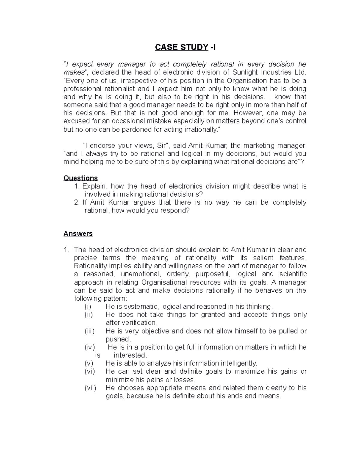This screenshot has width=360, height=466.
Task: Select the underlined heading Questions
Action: [x=80, y=178]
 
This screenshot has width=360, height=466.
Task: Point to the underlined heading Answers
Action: [x=78, y=233]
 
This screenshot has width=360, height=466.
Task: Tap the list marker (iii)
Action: [x=89, y=331]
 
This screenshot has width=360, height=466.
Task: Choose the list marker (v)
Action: [x=89, y=363]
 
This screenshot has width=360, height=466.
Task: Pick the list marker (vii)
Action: [x=90, y=388]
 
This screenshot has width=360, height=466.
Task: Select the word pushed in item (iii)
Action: [x=118, y=339]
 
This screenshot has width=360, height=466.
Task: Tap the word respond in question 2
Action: [x=177, y=210]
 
